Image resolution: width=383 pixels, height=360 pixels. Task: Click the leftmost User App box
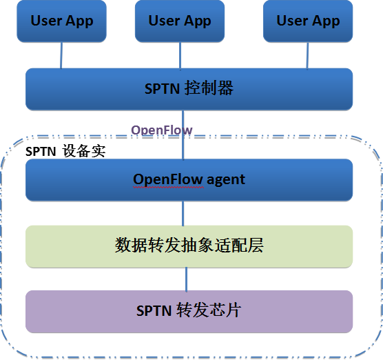point(61,21)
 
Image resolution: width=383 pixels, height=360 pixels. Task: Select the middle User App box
point(180,21)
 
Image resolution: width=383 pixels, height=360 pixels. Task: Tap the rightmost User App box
point(308,21)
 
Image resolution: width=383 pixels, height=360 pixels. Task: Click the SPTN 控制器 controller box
point(189,89)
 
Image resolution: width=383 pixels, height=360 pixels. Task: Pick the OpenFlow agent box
point(189,180)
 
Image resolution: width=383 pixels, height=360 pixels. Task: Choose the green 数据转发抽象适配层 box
point(189,246)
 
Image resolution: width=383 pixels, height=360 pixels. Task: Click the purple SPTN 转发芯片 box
point(189,312)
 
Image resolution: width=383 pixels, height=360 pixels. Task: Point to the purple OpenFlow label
point(162,130)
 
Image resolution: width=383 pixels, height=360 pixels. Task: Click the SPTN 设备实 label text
point(65,151)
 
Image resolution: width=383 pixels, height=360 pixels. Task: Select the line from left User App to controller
point(61,55)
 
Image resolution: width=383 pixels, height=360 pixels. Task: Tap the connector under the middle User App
point(180,55)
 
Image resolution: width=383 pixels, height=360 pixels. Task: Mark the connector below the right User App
point(307,55)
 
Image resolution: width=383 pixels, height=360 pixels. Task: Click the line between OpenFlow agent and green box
point(183,214)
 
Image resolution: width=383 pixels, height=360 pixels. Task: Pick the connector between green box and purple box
point(187,279)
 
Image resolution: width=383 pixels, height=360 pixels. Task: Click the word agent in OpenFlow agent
point(226,181)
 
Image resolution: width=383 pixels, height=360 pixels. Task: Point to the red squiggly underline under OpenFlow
point(169,188)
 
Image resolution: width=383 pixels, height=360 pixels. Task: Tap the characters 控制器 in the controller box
point(209,88)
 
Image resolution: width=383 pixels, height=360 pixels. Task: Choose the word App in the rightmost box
point(326,21)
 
